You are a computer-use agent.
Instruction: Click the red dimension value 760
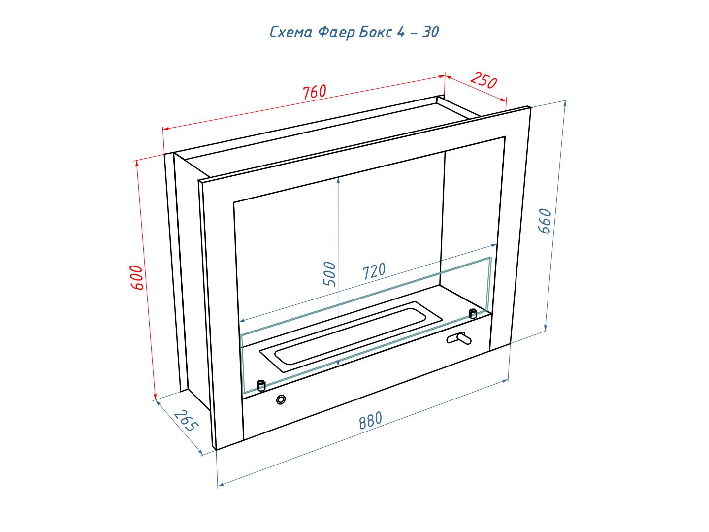pyautogui.click(x=314, y=92)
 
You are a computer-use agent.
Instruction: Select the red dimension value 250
pyautogui.click(x=483, y=80)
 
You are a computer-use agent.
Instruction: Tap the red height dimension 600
pyautogui.click(x=136, y=277)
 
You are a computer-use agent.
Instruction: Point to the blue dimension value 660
pyautogui.click(x=545, y=221)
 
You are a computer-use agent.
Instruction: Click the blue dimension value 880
pyautogui.click(x=370, y=420)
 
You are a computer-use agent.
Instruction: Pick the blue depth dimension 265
pyautogui.click(x=186, y=421)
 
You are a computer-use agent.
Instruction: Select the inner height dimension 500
pyautogui.click(x=330, y=274)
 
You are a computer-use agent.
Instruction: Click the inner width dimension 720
pyautogui.click(x=374, y=271)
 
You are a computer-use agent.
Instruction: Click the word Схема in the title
pyautogui.click(x=291, y=33)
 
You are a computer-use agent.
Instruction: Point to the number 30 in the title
pyautogui.click(x=430, y=32)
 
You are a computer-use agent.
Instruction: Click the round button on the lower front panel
pyautogui.click(x=281, y=400)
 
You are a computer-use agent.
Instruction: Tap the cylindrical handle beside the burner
pyautogui.click(x=459, y=338)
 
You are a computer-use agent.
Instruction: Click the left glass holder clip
pyautogui.click(x=261, y=385)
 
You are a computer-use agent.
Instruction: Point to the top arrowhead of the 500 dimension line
pyautogui.click(x=338, y=180)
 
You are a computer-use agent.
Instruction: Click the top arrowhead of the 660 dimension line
pyautogui.click(x=565, y=104)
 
